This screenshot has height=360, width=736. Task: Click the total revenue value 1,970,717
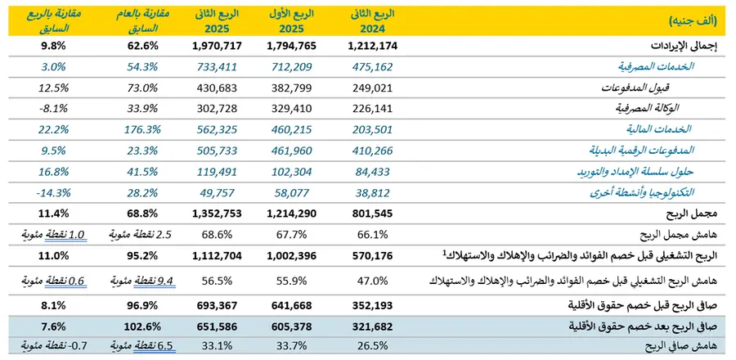(x=217, y=46)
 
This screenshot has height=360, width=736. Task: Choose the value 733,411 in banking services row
(x=217, y=66)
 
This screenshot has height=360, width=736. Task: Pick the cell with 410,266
(x=372, y=151)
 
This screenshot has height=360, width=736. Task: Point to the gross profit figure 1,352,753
(x=217, y=214)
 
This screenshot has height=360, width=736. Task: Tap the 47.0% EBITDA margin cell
(x=372, y=281)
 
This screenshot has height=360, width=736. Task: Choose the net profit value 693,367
(x=217, y=305)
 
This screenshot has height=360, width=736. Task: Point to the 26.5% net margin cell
(x=372, y=347)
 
